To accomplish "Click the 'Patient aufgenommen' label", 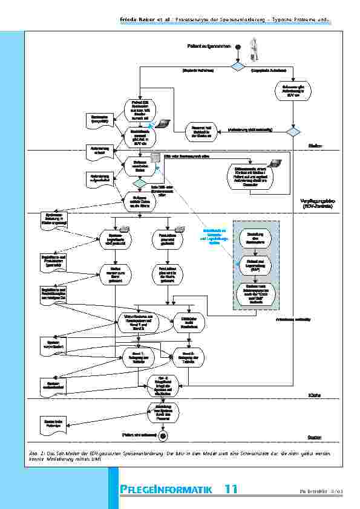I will [x=207, y=47].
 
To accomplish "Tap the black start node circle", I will [x=238, y=47].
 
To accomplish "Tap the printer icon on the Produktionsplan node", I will [x=179, y=229].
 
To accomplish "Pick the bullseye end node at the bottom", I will [x=163, y=435].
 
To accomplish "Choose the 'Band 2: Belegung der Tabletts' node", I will [x=188, y=355].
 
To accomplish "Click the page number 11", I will [x=231, y=488].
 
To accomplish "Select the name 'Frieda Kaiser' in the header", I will [x=135, y=22].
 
